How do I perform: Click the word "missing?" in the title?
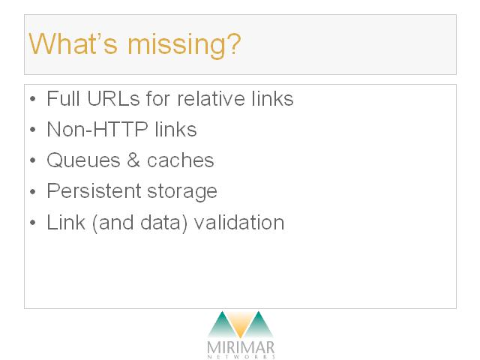[x=184, y=45]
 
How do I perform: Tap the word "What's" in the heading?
[x=73, y=43]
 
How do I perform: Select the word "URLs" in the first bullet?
[x=113, y=98]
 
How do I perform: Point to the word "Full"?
[x=63, y=98]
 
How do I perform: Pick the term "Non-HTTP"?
[x=97, y=130]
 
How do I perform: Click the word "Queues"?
[x=83, y=160]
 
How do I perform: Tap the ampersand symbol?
[x=133, y=160]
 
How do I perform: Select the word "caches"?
[x=180, y=160]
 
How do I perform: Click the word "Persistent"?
[x=94, y=191]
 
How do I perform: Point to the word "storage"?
[x=182, y=192]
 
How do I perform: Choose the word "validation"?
[x=239, y=222]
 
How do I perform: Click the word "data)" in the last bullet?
[x=163, y=223]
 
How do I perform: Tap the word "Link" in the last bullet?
[x=66, y=222]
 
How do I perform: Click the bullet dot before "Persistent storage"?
[x=33, y=192]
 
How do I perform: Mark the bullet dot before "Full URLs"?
[x=33, y=99]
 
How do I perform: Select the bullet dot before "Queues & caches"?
[x=33, y=160]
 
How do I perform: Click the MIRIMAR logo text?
[x=241, y=348]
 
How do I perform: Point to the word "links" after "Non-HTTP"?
[x=175, y=130]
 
